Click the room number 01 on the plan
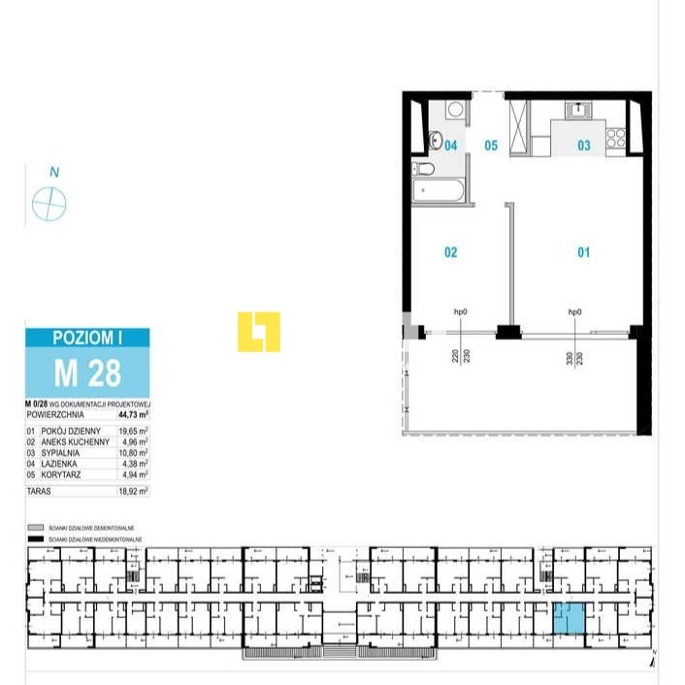pyautogui.click(x=584, y=252)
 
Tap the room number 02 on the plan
pyautogui.click(x=450, y=252)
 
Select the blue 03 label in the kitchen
pyautogui.click(x=584, y=146)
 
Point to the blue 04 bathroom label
pyautogui.click(x=450, y=146)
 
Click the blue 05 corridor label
pyautogui.click(x=491, y=146)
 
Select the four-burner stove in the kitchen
pyautogui.click(x=615, y=139)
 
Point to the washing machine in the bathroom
pyautogui.click(x=455, y=109)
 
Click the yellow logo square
pyautogui.click(x=259, y=332)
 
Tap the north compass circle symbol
pyautogui.click(x=49, y=204)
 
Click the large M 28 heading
pyautogui.click(x=87, y=372)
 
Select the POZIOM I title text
pyautogui.click(x=87, y=339)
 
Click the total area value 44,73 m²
pyautogui.click(x=132, y=412)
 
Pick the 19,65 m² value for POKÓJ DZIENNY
pyautogui.click(x=133, y=430)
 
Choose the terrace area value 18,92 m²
pyautogui.click(x=133, y=492)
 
